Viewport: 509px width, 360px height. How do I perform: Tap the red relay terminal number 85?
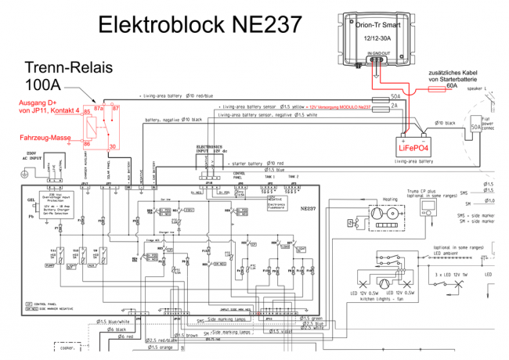88,112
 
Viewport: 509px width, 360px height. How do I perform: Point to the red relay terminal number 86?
88,144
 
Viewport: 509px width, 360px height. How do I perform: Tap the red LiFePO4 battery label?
413,146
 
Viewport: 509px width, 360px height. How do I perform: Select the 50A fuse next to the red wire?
396,98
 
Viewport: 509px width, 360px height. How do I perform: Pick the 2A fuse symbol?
396,106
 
